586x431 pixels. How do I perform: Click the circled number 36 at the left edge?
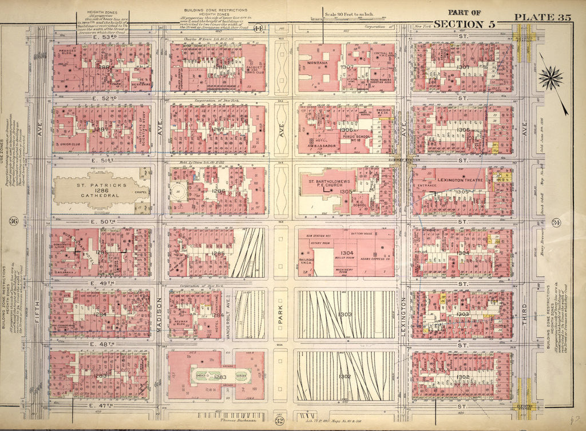pyautogui.click(x=13, y=222)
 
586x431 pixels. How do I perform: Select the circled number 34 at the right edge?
pyautogui.click(x=556, y=222)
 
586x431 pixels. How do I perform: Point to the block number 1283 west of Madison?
pyautogui.click(x=102, y=375)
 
